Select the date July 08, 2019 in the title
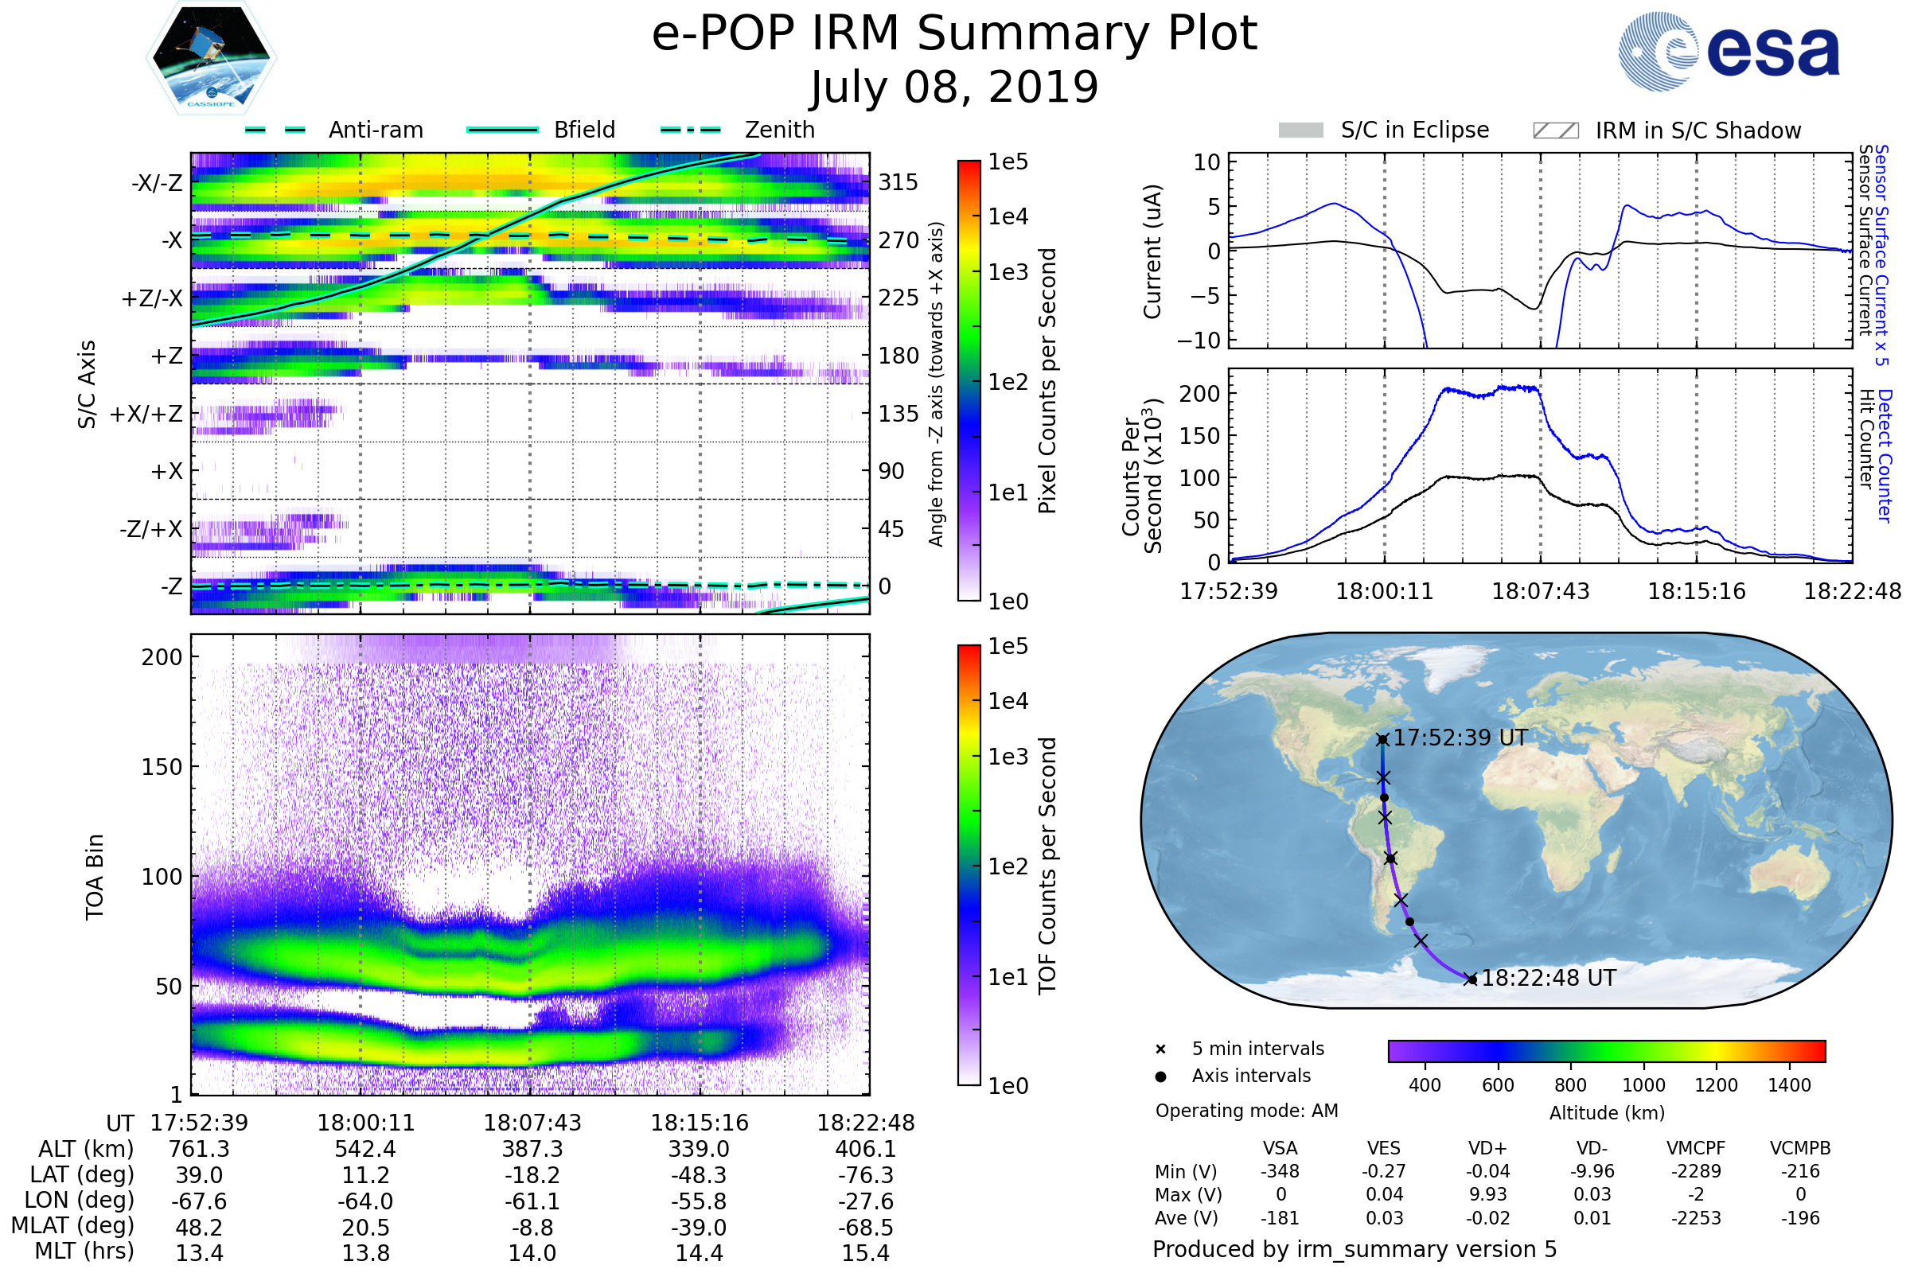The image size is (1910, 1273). (954, 88)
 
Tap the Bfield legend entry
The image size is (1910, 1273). (584, 130)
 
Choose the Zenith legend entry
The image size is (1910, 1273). (779, 130)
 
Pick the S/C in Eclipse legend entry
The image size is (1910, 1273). (1414, 130)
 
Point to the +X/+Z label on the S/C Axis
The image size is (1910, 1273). (146, 414)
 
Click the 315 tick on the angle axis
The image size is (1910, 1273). (898, 182)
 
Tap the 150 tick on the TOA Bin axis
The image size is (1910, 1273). (162, 766)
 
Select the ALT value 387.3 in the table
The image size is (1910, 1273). (532, 1149)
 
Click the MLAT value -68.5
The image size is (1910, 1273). (866, 1227)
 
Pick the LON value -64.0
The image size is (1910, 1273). (365, 1201)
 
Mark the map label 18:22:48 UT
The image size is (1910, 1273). (1548, 979)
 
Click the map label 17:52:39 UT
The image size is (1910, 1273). (1460, 738)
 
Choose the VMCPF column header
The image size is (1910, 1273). (1696, 1148)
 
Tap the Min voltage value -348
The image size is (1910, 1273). (1280, 1170)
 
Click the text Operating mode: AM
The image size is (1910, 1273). (1246, 1110)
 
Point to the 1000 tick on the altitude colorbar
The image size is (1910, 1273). (1643, 1084)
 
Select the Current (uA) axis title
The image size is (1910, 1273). (1152, 251)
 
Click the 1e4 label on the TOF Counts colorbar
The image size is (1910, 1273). (1008, 701)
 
